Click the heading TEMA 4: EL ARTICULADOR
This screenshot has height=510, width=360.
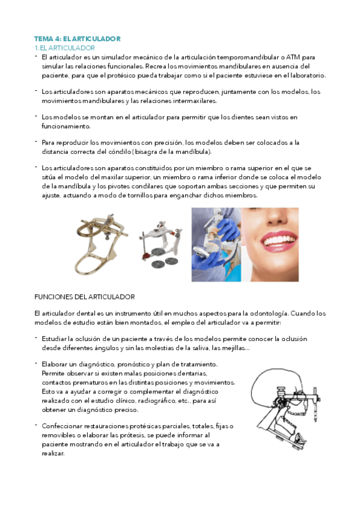78,38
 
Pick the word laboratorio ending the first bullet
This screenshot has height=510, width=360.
303,76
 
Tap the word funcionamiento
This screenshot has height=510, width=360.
66,127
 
